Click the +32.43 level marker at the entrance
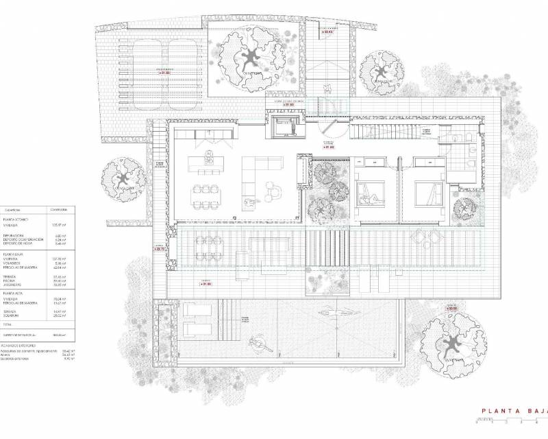tap(329, 32)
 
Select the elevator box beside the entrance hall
tap(283, 128)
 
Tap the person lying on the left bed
tap(373, 200)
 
